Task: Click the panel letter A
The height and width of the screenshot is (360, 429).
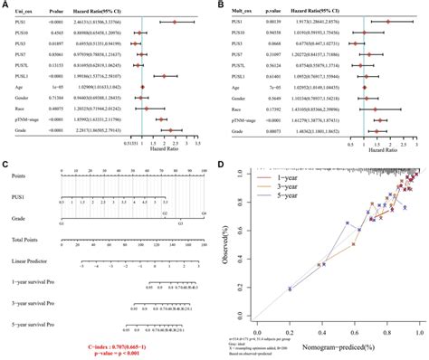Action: tap(5, 5)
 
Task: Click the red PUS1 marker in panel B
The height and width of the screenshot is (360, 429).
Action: tap(388, 19)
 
